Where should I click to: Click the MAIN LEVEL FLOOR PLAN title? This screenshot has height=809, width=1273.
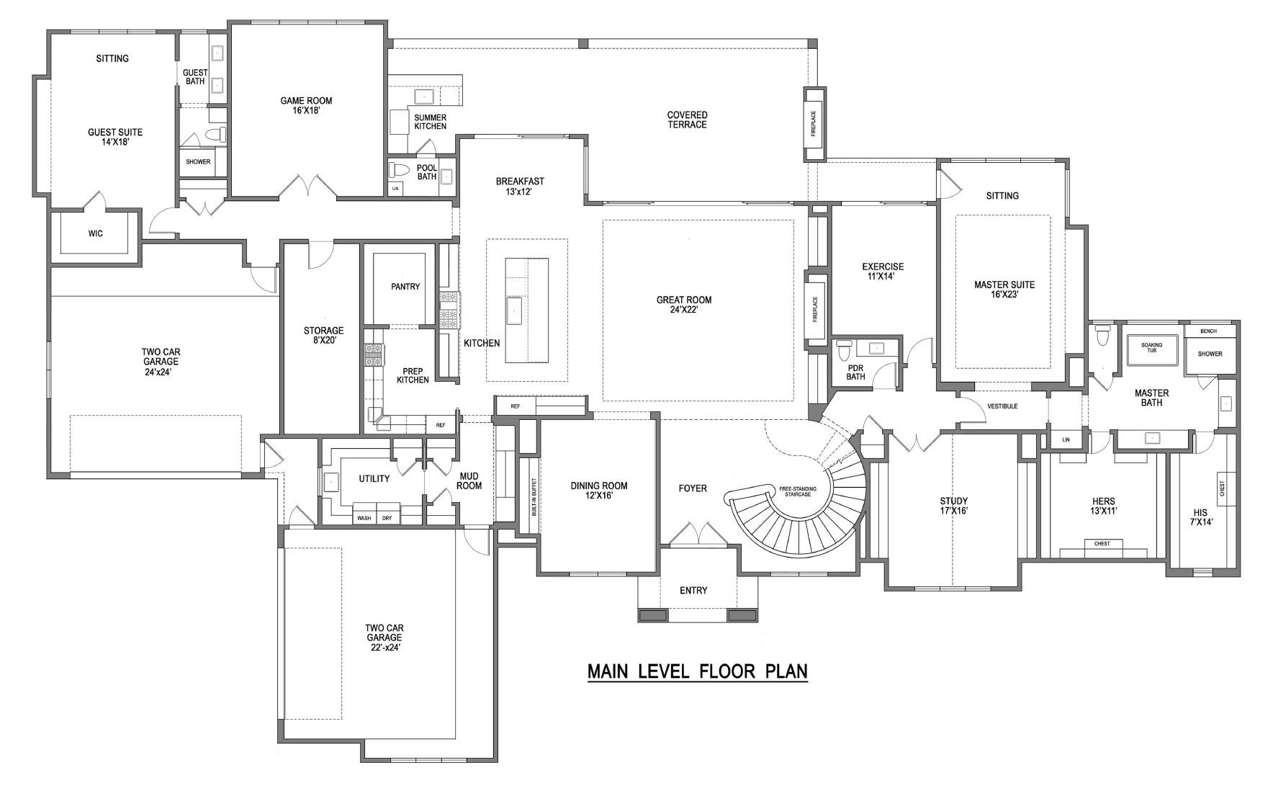[x=697, y=671]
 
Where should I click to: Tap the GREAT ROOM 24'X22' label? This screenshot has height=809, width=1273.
[x=683, y=305]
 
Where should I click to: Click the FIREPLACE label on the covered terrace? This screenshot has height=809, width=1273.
[x=814, y=124]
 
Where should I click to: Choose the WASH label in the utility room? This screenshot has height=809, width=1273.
[x=364, y=518]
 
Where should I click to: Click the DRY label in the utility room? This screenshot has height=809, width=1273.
[x=387, y=518]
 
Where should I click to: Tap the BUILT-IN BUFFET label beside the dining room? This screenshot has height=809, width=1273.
[x=534, y=497]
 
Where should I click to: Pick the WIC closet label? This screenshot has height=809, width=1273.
[x=95, y=233]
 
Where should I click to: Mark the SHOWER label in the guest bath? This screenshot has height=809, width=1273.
[x=198, y=161]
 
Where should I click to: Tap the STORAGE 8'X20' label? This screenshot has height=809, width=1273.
[x=323, y=335]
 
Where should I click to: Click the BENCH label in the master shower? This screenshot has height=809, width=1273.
[x=1208, y=331]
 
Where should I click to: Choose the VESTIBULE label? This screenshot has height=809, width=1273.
[x=1002, y=406]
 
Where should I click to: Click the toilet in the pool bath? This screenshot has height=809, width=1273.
[x=398, y=170]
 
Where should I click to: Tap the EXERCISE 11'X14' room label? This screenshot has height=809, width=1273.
[x=882, y=271]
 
